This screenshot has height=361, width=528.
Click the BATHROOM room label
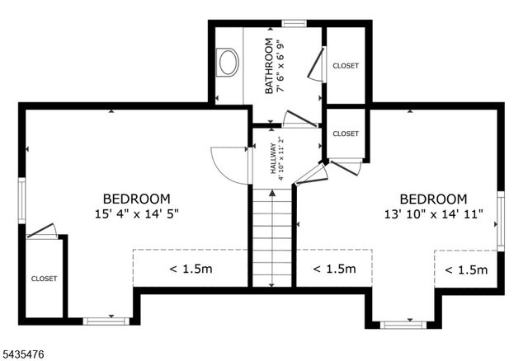tap(269, 66)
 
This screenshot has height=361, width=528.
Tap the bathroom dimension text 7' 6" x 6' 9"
tap(280, 66)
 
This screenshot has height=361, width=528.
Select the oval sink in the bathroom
tap(228, 63)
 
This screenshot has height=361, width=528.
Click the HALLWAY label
tap(273, 158)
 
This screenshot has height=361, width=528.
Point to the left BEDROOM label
tap(137, 199)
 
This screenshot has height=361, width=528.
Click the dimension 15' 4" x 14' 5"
tap(136, 213)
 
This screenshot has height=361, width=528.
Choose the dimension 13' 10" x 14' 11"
tap(434, 214)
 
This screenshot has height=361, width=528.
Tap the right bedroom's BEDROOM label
tap(433, 199)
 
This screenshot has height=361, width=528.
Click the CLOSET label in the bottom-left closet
tap(44, 279)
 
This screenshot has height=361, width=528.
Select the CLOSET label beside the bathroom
tap(346, 66)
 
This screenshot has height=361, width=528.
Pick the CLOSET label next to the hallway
tap(346, 134)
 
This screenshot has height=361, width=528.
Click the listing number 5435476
tap(23, 354)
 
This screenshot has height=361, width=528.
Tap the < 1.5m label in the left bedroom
tap(191, 269)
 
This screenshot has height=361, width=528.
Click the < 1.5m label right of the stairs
tap(334, 269)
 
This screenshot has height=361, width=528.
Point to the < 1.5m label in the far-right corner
tap(466, 270)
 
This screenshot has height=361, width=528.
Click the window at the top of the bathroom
tap(295, 23)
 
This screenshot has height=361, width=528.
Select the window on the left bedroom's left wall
tap(22, 200)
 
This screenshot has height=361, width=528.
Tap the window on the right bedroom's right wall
tap(501, 221)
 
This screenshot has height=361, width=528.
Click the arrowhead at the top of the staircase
tap(272, 193)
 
